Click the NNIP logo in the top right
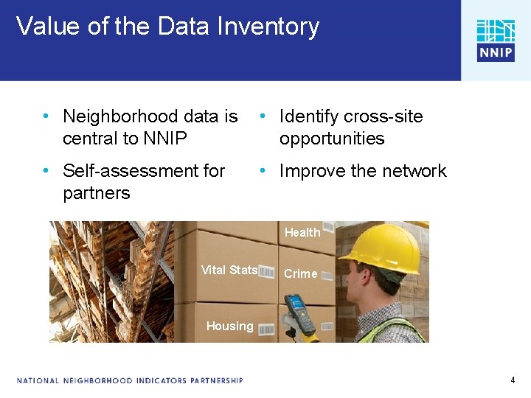[x=495, y=40]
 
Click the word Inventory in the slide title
[x=268, y=27]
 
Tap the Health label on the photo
[x=302, y=232]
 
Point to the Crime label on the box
[x=301, y=273]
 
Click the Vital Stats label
[x=229, y=270]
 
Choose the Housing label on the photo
[x=229, y=326]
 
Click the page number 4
[x=513, y=380]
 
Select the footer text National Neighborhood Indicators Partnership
[x=130, y=380]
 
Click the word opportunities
[x=332, y=139]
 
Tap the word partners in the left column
[x=96, y=193]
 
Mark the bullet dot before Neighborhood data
[x=46, y=116]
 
